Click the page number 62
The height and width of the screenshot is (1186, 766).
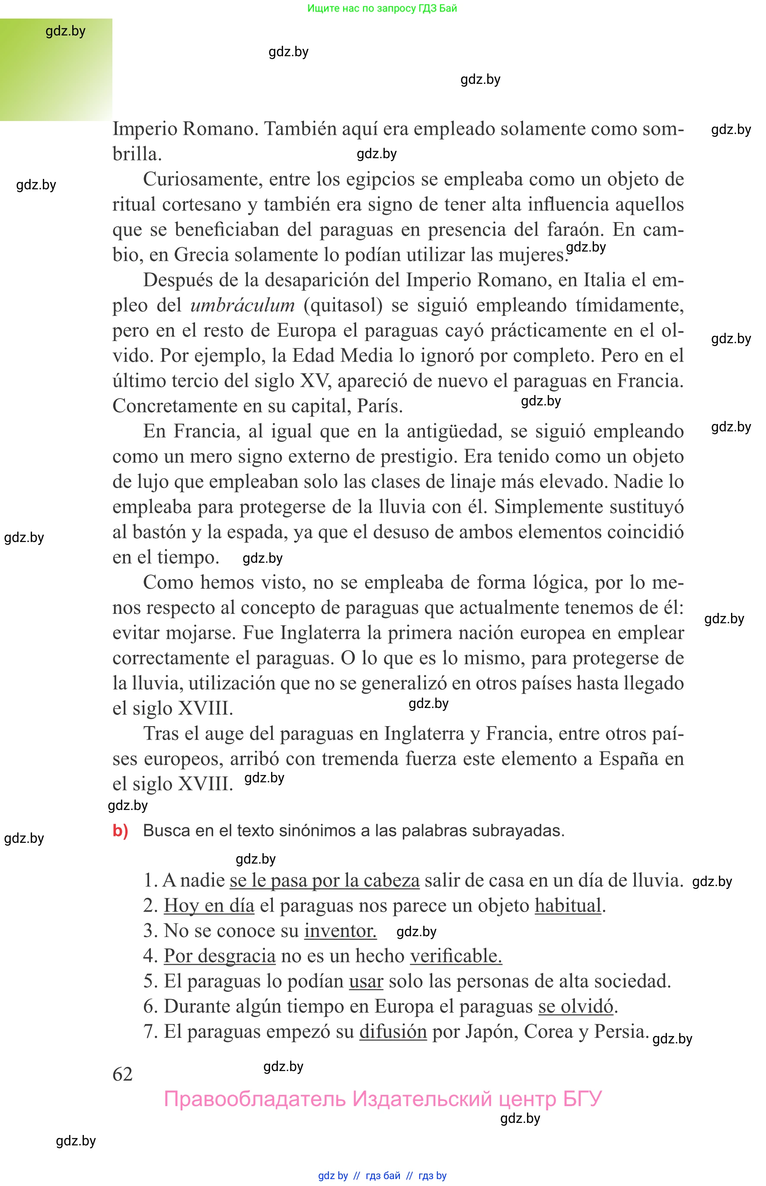click(x=122, y=1074)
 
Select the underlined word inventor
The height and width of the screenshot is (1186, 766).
click(x=340, y=931)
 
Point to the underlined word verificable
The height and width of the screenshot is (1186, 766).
click(x=456, y=956)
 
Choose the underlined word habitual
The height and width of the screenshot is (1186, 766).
click(x=568, y=905)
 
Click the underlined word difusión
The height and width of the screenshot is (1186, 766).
click(x=393, y=1031)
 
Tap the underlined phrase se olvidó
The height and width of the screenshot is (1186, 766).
click(x=575, y=1007)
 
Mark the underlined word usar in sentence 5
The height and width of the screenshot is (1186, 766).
click(x=366, y=981)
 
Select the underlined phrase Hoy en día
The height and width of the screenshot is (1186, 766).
click(x=209, y=905)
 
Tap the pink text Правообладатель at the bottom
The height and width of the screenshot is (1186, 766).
click(x=254, y=1099)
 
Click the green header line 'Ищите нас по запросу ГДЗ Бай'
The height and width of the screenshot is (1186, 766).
click(x=382, y=8)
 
